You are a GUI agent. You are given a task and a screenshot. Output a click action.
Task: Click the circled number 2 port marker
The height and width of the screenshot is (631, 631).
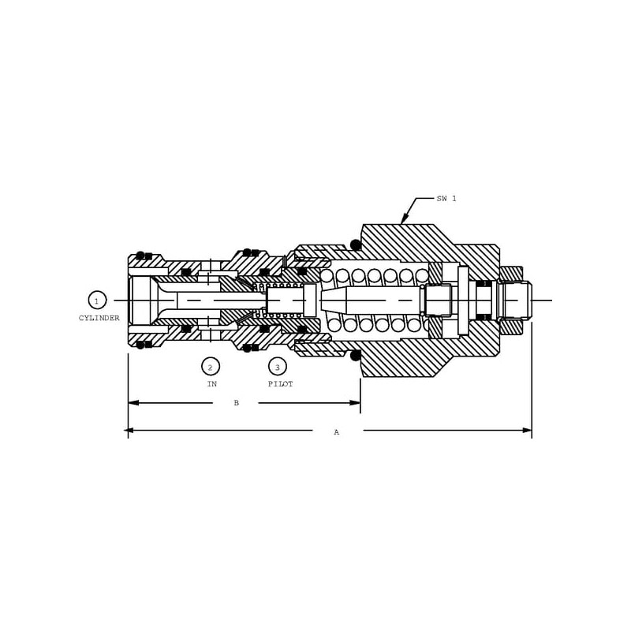point(211,366)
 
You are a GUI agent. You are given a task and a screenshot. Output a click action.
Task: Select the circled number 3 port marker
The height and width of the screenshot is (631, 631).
point(277,366)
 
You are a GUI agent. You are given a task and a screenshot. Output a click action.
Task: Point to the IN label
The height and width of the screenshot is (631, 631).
point(211,384)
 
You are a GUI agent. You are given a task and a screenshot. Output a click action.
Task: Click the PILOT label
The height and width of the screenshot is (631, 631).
point(280,384)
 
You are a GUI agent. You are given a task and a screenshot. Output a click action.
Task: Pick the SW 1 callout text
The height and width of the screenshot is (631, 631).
point(446,199)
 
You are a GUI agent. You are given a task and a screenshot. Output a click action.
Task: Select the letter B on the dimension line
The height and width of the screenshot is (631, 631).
point(236,403)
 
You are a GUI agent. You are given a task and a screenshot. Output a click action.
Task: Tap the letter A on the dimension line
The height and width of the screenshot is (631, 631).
point(336,432)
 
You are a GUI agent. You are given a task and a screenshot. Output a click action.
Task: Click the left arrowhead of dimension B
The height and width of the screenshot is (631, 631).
point(133,403)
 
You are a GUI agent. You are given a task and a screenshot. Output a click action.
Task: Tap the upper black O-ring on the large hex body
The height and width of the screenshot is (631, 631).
point(356,245)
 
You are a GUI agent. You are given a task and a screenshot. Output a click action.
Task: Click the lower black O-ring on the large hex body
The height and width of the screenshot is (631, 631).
point(356,356)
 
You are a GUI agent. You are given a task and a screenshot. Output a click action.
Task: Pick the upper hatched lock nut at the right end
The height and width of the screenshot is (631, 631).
point(511,274)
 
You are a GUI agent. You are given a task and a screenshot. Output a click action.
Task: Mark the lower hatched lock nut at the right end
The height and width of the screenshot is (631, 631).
point(511,327)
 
